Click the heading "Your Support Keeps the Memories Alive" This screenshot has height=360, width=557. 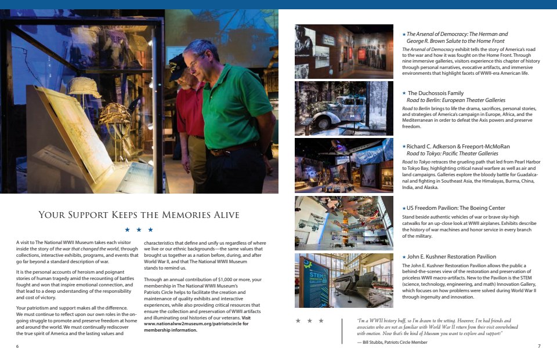(139, 215)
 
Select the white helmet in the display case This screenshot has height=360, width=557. (84, 88)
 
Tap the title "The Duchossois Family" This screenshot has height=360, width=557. (435, 93)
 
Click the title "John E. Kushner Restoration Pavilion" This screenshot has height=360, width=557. (451, 256)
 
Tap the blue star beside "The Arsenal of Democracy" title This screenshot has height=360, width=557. (404, 35)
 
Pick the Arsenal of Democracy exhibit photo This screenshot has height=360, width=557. (343, 51)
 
